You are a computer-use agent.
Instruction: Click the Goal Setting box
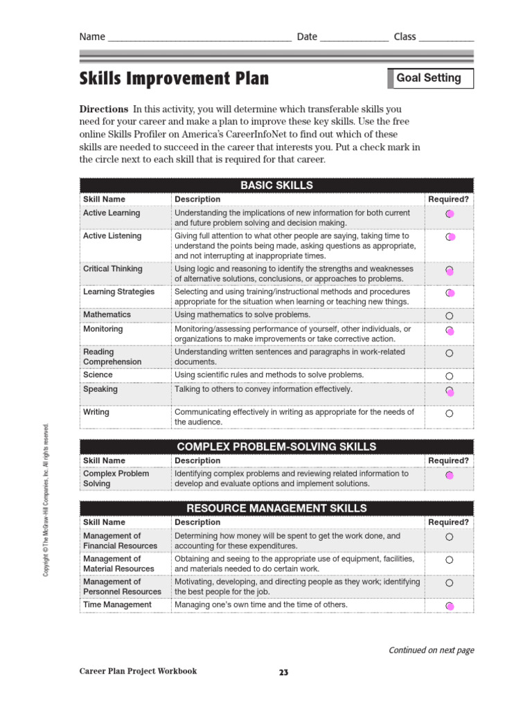[x=429, y=78]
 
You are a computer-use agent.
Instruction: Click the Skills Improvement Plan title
[x=174, y=78]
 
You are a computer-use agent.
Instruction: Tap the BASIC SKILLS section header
[x=276, y=186]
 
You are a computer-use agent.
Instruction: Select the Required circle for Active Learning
[x=449, y=214]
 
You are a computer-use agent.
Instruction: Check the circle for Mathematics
[x=449, y=316]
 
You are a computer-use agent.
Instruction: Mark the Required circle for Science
[x=449, y=376]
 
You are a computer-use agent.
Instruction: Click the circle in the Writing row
[x=449, y=413]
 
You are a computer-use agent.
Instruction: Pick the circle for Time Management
[x=449, y=607]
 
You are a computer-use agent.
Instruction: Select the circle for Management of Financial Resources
[x=449, y=537]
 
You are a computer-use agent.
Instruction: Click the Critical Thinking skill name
[x=113, y=269]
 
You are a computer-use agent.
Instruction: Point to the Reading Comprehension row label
[x=112, y=357]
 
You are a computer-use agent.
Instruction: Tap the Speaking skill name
[x=100, y=389]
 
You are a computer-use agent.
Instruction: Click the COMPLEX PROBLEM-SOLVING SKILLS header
[x=276, y=447]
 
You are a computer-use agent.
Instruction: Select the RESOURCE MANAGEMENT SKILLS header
[x=276, y=508]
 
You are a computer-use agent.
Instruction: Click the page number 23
[x=283, y=672]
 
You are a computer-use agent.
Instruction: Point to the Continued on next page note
[x=431, y=650]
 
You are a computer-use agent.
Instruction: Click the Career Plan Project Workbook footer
[x=138, y=671]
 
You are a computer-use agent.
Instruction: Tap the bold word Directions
[x=104, y=109]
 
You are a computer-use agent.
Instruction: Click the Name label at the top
[x=92, y=37]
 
